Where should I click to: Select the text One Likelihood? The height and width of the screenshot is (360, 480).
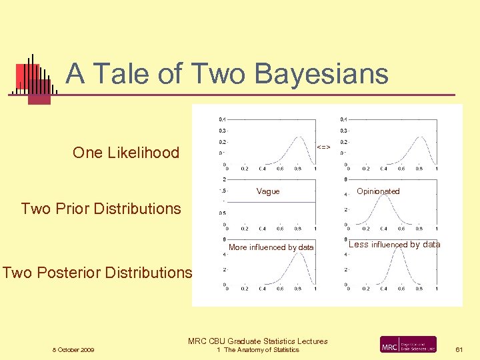pyautogui.click(x=126, y=153)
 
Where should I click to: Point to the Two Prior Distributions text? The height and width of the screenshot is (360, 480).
pyautogui.click(x=101, y=209)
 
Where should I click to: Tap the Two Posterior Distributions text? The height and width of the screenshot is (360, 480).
pyautogui.click(x=97, y=272)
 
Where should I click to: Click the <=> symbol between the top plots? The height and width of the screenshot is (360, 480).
pyautogui.click(x=323, y=147)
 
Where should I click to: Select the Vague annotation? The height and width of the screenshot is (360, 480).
pyautogui.click(x=268, y=191)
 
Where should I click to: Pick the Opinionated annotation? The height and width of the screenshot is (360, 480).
pyautogui.click(x=378, y=191)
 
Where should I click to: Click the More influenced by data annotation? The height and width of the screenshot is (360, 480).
pyautogui.click(x=271, y=247)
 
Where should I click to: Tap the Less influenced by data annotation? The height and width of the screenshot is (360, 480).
pyautogui.click(x=394, y=245)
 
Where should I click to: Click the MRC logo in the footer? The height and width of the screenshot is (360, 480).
pyautogui.click(x=408, y=345)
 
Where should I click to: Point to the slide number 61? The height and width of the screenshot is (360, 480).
pyautogui.click(x=459, y=349)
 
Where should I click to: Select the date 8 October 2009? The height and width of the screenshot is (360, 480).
pyautogui.click(x=73, y=350)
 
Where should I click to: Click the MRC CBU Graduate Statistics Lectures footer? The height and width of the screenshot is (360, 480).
pyautogui.click(x=258, y=341)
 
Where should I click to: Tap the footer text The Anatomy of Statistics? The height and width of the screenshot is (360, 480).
pyautogui.click(x=261, y=350)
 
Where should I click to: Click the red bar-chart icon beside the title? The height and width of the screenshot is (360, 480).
pyautogui.click(x=33, y=79)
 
